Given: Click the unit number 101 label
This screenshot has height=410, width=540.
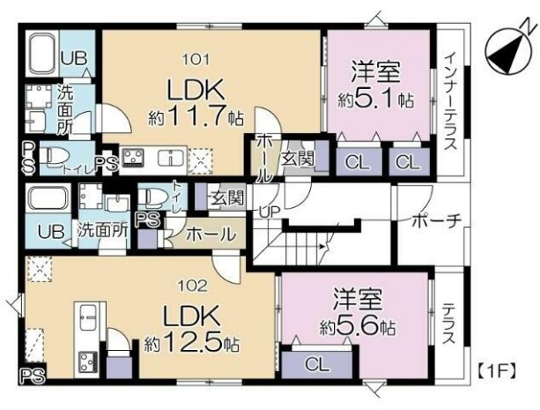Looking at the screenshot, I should coord(196,60).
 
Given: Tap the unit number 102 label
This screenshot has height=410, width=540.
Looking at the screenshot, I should coord(196,286).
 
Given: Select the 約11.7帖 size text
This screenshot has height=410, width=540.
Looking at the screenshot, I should coord(196,116).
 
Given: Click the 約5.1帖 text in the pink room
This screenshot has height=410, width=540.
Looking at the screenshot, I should coord(381,100).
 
